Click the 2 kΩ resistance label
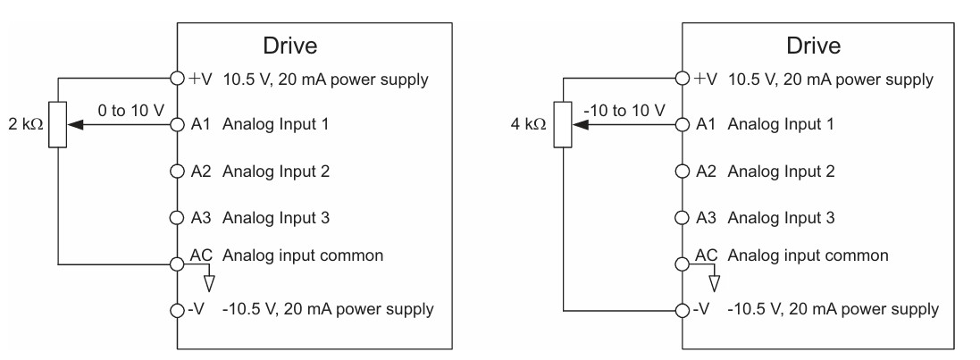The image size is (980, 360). [x=26, y=124]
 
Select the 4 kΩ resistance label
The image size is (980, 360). [x=529, y=124]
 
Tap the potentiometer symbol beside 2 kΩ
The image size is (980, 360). [x=57, y=124]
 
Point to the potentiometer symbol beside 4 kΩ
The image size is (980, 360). [x=563, y=124]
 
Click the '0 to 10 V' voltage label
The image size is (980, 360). [x=130, y=111]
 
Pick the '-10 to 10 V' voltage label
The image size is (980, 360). [x=624, y=111]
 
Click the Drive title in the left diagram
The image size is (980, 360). [x=290, y=46]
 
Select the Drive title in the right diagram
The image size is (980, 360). [x=813, y=46]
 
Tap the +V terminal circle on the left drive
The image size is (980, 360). [x=178, y=78]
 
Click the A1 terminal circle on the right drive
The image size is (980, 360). [x=683, y=124]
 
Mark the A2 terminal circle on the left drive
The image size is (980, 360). [x=178, y=172]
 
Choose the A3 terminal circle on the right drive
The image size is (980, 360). [x=683, y=217]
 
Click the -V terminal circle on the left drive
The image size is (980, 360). [x=178, y=309]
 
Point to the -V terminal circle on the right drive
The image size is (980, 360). [x=683, y=309]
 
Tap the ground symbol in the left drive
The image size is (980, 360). [x=209, y=282]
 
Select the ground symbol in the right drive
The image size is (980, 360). [x=714, y=282]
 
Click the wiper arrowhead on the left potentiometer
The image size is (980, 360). [x=74, y=124]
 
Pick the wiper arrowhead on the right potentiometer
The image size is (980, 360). [x=580, y=124]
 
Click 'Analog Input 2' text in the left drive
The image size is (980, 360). [x=276, y=172]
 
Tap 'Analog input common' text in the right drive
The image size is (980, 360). [x=808, y=255]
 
